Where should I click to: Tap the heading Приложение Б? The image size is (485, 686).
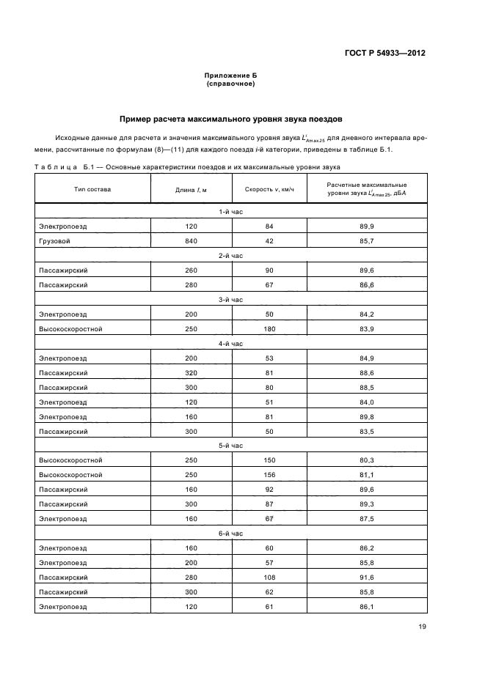click(x=230, y=75)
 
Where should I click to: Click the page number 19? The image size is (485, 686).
click(x=421, y=626)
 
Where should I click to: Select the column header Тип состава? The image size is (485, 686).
click(x=92, y=190)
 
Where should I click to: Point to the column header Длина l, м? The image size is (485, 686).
click(x=191, y=190)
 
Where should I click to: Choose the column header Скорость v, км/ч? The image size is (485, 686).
click(x=269, y=190)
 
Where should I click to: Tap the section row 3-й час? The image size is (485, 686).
click(x=230, y=300)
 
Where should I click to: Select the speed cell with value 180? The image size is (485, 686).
click(x=269, y=329)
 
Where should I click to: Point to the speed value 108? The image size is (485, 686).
click(x=269, y=578)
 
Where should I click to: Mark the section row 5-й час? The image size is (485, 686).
click(x=230, y=446)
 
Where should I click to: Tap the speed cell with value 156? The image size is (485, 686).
click(x=269, y=475)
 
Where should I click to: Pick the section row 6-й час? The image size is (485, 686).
click(x=230, y=534)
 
